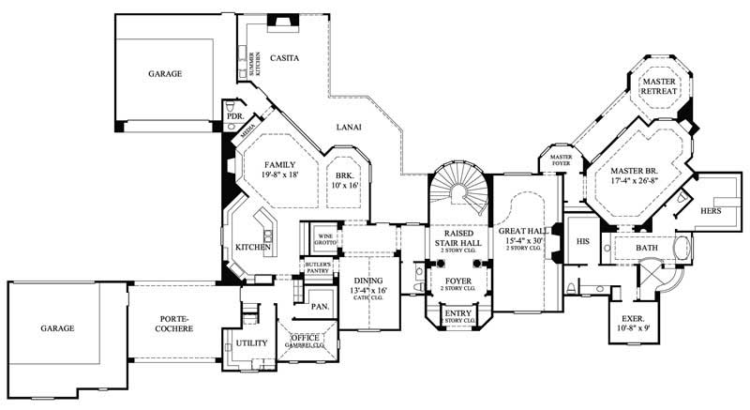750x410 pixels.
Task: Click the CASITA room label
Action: pyautogui.click(x=284, y=58)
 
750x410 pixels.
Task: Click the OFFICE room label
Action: pyautogui.click(x=307, y=338)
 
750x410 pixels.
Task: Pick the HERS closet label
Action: pyautogui.click(x=712, y=212)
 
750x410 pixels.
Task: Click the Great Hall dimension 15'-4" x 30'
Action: pyautogui.click(x=523, y=241)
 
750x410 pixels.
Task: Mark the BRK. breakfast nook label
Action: pyautogui.click(x=344, y=175)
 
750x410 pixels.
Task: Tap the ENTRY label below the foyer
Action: pyautogui.click(x=458, y=313)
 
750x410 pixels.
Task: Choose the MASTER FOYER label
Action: pyautogui.click(x=561, y=159)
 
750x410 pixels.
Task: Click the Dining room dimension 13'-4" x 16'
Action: pyautogui.click(x=369, y=291)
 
